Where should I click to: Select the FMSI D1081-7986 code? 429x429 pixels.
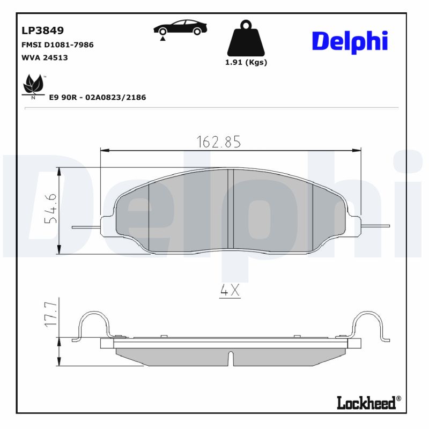[57, 45]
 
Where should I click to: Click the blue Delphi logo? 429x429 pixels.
[349, 41]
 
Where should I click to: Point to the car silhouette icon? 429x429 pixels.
[180, 27]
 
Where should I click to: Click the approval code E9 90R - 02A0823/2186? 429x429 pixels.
[97, 97]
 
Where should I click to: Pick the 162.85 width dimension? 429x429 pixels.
[218, 142]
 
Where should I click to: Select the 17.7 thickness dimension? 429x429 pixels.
[51, 314]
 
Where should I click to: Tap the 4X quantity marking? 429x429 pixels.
[230, 290]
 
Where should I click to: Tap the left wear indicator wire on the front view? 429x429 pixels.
[86, 226]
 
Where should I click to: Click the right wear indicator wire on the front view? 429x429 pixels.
[375, 225]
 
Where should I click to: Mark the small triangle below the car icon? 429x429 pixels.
[162, 39]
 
